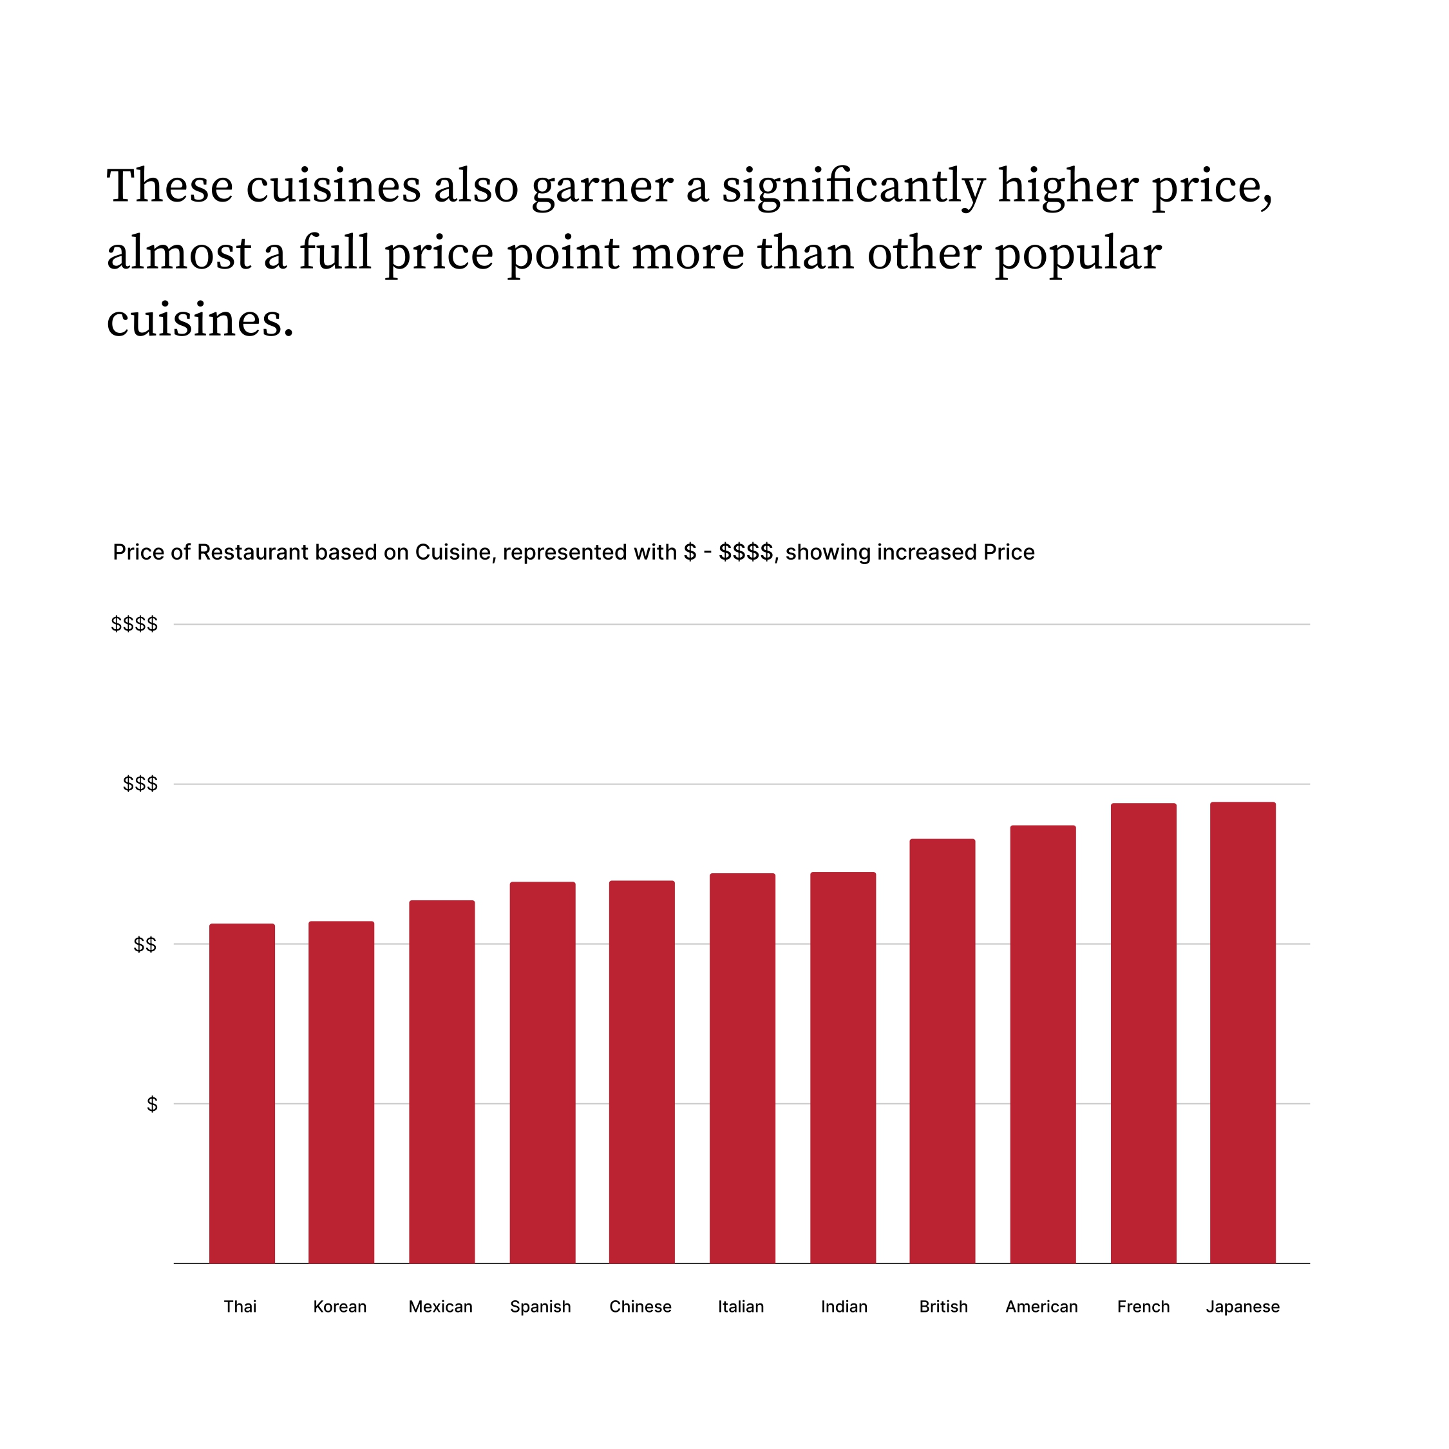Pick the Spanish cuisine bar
(x=542, y=1072)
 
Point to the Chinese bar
(x=641, y=1072)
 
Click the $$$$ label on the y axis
(x=134, y=624)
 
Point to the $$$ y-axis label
(x=140, y=784)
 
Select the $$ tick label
(x=145, y=944)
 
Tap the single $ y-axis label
(x=152, y=1104)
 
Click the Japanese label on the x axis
(x=1243, y=1307)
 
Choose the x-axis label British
(x=943, y=1307)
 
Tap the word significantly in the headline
(x=853, y=186)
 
